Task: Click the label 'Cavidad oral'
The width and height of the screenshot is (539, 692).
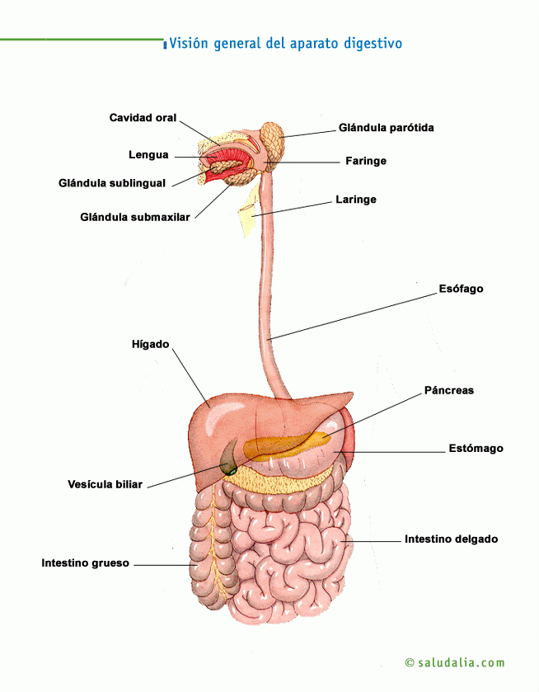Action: (x=143, y=118)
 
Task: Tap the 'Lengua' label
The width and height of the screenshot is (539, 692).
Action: (x=148, y=154)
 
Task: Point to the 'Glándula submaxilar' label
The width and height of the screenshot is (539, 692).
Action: (x=135, y=217)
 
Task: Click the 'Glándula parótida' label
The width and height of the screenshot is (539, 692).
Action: (x=386, y=128)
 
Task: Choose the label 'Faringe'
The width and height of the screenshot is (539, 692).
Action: (x=364, y=161)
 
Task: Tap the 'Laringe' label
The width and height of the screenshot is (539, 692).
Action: (x=355, y=200)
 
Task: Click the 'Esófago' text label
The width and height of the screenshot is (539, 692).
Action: (x=461, y=289)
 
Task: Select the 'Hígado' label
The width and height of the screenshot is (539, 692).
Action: (x=150, y=343)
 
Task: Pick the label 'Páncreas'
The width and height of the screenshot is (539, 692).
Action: (x=448, y=390)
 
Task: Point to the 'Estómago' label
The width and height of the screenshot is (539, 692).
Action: (x=476, y=449)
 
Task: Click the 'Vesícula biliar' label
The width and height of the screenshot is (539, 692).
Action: (x=105, y=484)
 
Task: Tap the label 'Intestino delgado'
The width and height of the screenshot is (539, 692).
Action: (x=451, y=539)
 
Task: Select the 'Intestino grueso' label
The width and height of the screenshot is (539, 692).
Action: (x=86, y=563)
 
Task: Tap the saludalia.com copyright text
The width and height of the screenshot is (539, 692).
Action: (x=455, y=662)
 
